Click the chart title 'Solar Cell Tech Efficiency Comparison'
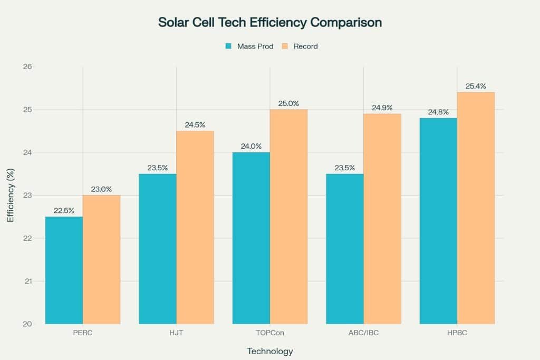pyautogui.click(x=270, y=23)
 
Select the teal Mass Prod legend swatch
pyautogui.click(x=228, y=46)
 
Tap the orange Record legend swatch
pyautogui.click(x=285, y=46)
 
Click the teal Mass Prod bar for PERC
pyautogui.click(x=64, y=270)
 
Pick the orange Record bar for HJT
pyautogui.click(x=195, y=227)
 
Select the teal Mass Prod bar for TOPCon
pyautogui.click(x=251, y=238)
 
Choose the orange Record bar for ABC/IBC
pyautogui.click(x=382, y=219)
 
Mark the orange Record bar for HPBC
pyautogui.click(x=476, y=208)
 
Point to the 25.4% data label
pyautogui.click(x=476, y=86)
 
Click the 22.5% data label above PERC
pyautogui.click(x=64, y=210)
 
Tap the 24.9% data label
pyautogui.click(x=382, y=108)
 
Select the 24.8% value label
pyautogui.click(x=438, y=112)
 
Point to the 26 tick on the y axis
pyautogui.click(x=27, y=67)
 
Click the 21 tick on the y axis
pyautogui.click(x=27, y=281)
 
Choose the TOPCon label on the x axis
pyautogui.click(x=270, y=333)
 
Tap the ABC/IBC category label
pyautogui.click(x=363, y=333)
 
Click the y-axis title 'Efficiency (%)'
pyautogui.click(x=11, y=195)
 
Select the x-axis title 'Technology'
pyautogui.click(x=270, y=351)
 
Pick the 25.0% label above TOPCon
pyautogui.click(x=288, y=103)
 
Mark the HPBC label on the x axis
pyautogui.click(x=457, y=333)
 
